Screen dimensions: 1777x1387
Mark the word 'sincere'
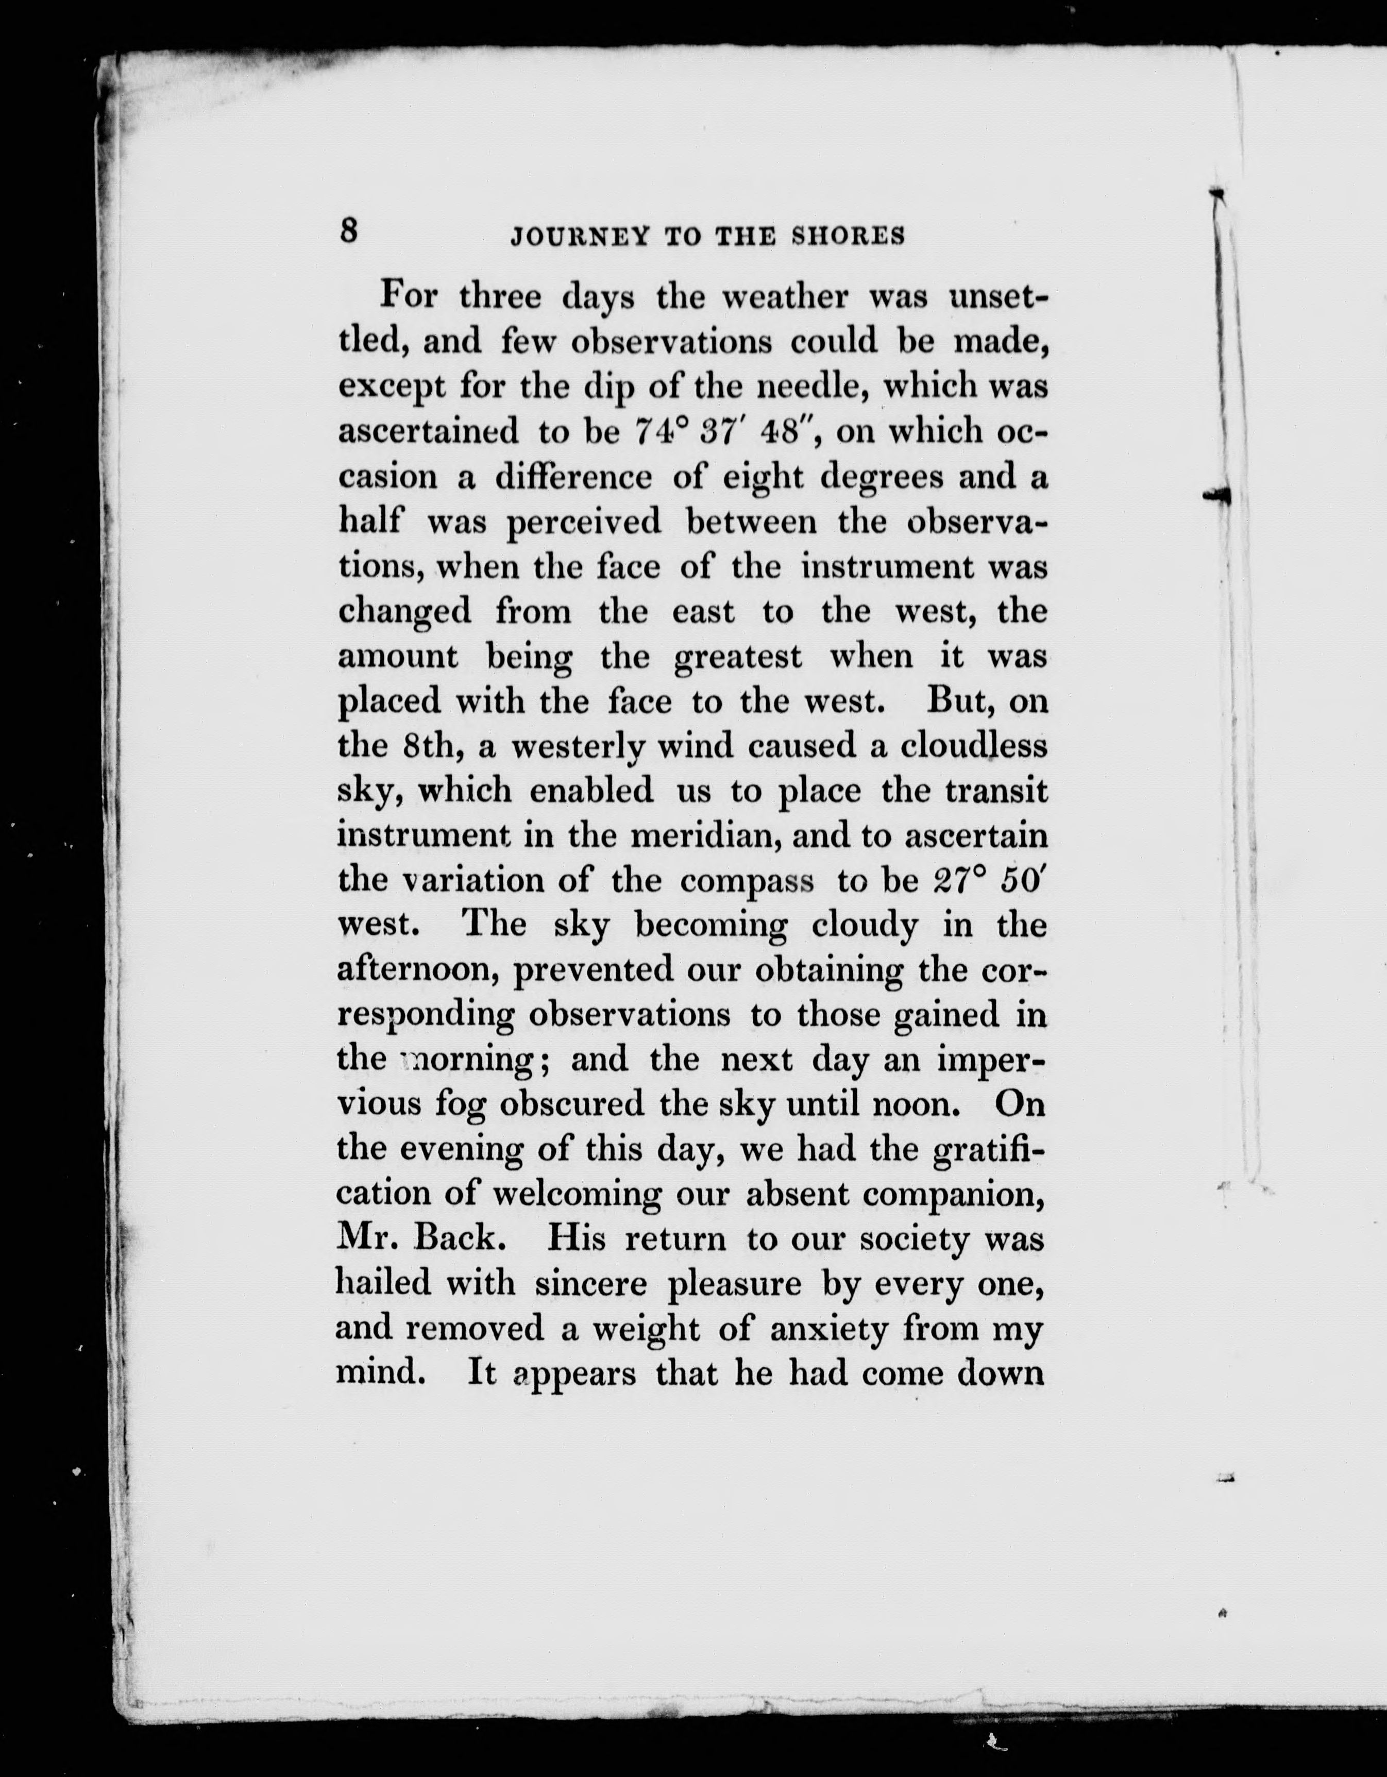pyautogui.click(x=591, y=1283)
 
